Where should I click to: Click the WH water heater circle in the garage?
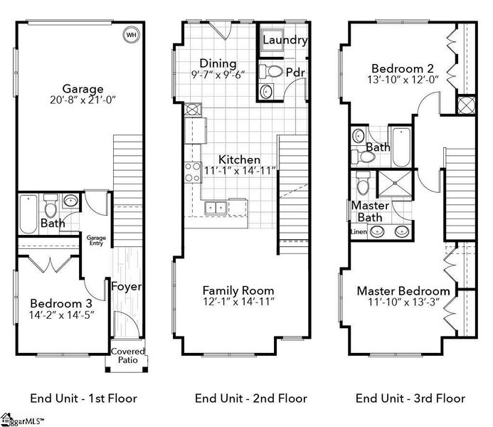(x=131, y=34)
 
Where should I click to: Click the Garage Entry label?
(x=95, y=241)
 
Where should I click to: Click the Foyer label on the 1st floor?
(x=127, y=287)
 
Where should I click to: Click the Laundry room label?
(x=285, y=41)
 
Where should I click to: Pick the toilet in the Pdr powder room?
(x=273, y=70)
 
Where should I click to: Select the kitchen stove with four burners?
(x=193, y=172)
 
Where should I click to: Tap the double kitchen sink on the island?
(x=216, y=208)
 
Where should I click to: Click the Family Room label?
(x=238, y=290)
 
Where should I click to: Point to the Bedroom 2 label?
(x=402, y=69)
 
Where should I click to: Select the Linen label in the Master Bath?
(x=358, y=232)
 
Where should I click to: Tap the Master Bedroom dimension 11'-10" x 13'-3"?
(x=403, y=303)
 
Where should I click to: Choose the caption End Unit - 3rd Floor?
(x=410, y=399)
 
